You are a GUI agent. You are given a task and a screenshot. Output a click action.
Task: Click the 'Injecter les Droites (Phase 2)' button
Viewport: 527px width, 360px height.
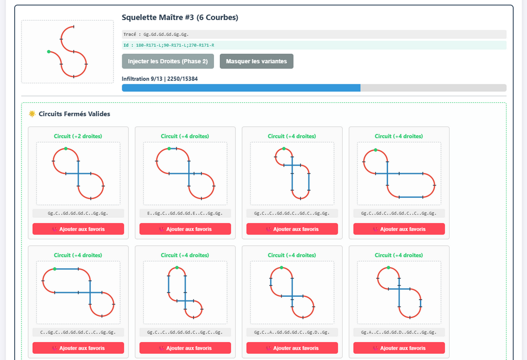168,61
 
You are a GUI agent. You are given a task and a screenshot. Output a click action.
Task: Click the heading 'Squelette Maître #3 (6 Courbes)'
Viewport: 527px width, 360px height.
180,17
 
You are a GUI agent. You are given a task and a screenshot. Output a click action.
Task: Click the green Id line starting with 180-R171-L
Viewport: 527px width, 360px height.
169,45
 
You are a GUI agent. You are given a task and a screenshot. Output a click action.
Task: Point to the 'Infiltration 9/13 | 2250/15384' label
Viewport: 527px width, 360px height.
160,79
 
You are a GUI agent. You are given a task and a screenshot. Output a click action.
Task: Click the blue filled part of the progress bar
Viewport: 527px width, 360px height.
241,87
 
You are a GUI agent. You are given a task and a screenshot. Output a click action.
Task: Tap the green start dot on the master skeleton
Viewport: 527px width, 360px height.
48,52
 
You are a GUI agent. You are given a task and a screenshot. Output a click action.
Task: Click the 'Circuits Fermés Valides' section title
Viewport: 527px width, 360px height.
74,114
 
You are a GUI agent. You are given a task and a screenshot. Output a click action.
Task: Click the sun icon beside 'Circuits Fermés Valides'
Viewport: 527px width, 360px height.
32,114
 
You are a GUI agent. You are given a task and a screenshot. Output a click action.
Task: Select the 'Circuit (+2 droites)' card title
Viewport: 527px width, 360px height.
78,136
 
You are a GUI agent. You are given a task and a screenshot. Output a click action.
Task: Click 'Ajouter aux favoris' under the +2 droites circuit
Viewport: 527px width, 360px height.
79,229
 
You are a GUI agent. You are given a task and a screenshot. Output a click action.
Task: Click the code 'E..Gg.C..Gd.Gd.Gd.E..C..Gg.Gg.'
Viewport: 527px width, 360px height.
185,213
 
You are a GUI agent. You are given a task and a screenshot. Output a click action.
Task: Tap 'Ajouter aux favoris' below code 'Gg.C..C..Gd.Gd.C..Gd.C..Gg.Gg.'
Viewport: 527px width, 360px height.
292,229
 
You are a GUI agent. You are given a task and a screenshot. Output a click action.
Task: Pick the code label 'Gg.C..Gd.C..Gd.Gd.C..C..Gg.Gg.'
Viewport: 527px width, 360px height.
399,213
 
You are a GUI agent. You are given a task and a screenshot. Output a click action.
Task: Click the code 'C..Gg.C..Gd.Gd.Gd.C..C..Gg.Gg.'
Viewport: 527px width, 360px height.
78,332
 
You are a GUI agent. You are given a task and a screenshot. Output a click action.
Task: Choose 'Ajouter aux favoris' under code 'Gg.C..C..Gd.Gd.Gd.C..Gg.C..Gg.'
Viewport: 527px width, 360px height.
185,348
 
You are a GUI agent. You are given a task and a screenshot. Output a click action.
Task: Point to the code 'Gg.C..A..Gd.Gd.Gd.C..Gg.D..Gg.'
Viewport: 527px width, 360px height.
292,332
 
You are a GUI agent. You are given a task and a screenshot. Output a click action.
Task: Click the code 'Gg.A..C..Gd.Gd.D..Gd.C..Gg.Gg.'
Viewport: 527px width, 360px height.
399,332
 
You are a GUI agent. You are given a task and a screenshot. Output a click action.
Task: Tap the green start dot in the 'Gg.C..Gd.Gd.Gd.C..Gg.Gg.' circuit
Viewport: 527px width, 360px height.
66,149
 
